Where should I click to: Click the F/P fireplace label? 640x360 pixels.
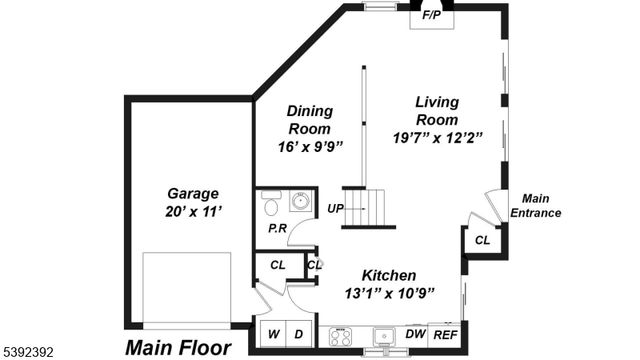click(432, 15)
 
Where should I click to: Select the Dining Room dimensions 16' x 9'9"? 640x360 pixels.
click(310, 146)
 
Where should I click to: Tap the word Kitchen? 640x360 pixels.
click(389, 275)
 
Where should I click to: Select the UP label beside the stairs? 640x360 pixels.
click(335, 209)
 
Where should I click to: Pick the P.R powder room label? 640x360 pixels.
click(277, 229)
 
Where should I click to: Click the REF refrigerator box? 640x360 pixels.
click(445, 335)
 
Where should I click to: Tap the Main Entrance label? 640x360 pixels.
click(535, 205)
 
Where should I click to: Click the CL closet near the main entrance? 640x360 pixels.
click(482, 241)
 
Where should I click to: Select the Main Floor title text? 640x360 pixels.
click(178, 348)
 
